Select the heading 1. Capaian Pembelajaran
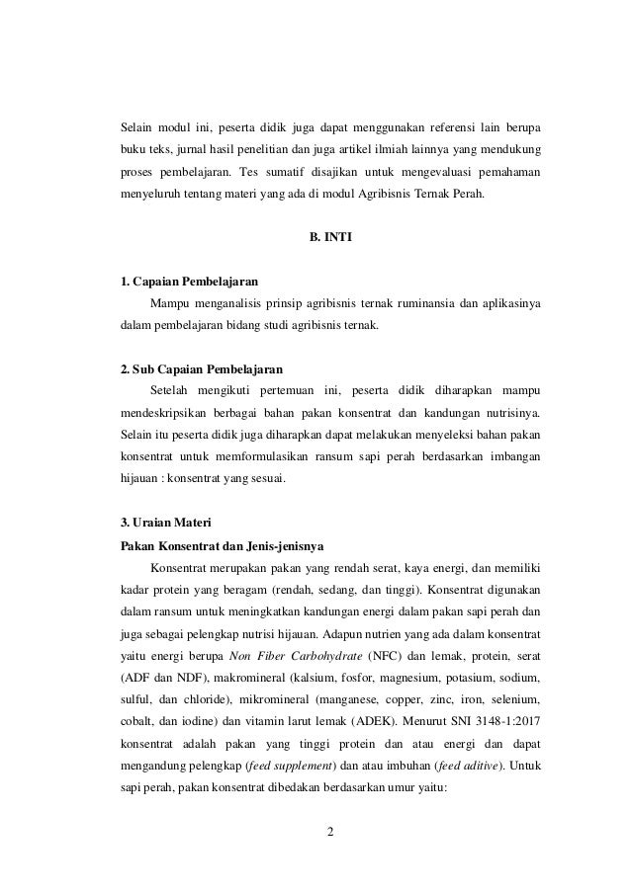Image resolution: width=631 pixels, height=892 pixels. point(190,281)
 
